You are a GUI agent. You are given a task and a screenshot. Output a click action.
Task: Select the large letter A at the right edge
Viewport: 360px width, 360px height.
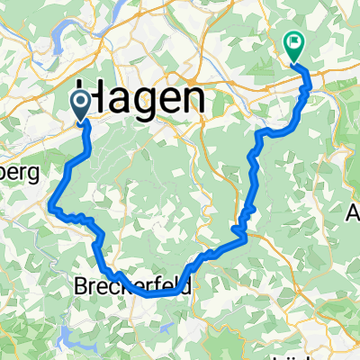pos(353,216)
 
